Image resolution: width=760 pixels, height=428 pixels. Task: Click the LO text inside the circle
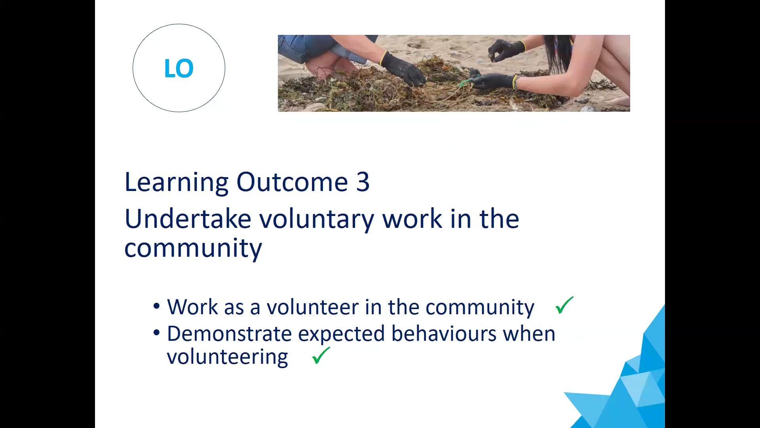click(179, 68)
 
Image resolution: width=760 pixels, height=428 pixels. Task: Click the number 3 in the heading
click(363, 182)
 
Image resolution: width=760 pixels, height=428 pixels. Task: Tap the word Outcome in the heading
click(292, 182)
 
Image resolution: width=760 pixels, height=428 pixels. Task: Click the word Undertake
click(188, 219)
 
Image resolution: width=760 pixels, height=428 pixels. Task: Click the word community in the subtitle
click(193, 248)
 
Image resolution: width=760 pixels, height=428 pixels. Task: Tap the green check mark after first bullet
click(564, 305)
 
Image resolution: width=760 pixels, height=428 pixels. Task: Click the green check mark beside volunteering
click(321, 355)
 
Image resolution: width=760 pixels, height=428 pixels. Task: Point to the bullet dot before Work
click(157, 306)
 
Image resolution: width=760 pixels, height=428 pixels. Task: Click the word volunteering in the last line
click(228, 357)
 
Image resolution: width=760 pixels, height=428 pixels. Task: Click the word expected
click(341, 334)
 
